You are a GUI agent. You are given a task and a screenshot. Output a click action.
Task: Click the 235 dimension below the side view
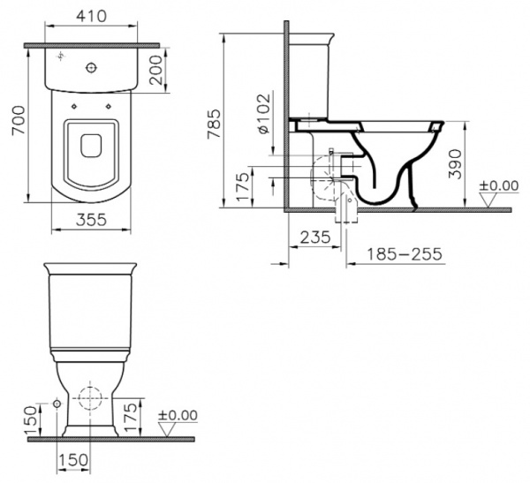pyautogui.click(x=314, y=237)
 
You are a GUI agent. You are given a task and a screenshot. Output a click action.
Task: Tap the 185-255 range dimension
pyautogui.click(x=395, y=254)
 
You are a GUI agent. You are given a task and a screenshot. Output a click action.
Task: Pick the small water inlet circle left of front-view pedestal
pyautogui.click(x=58, y=404)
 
